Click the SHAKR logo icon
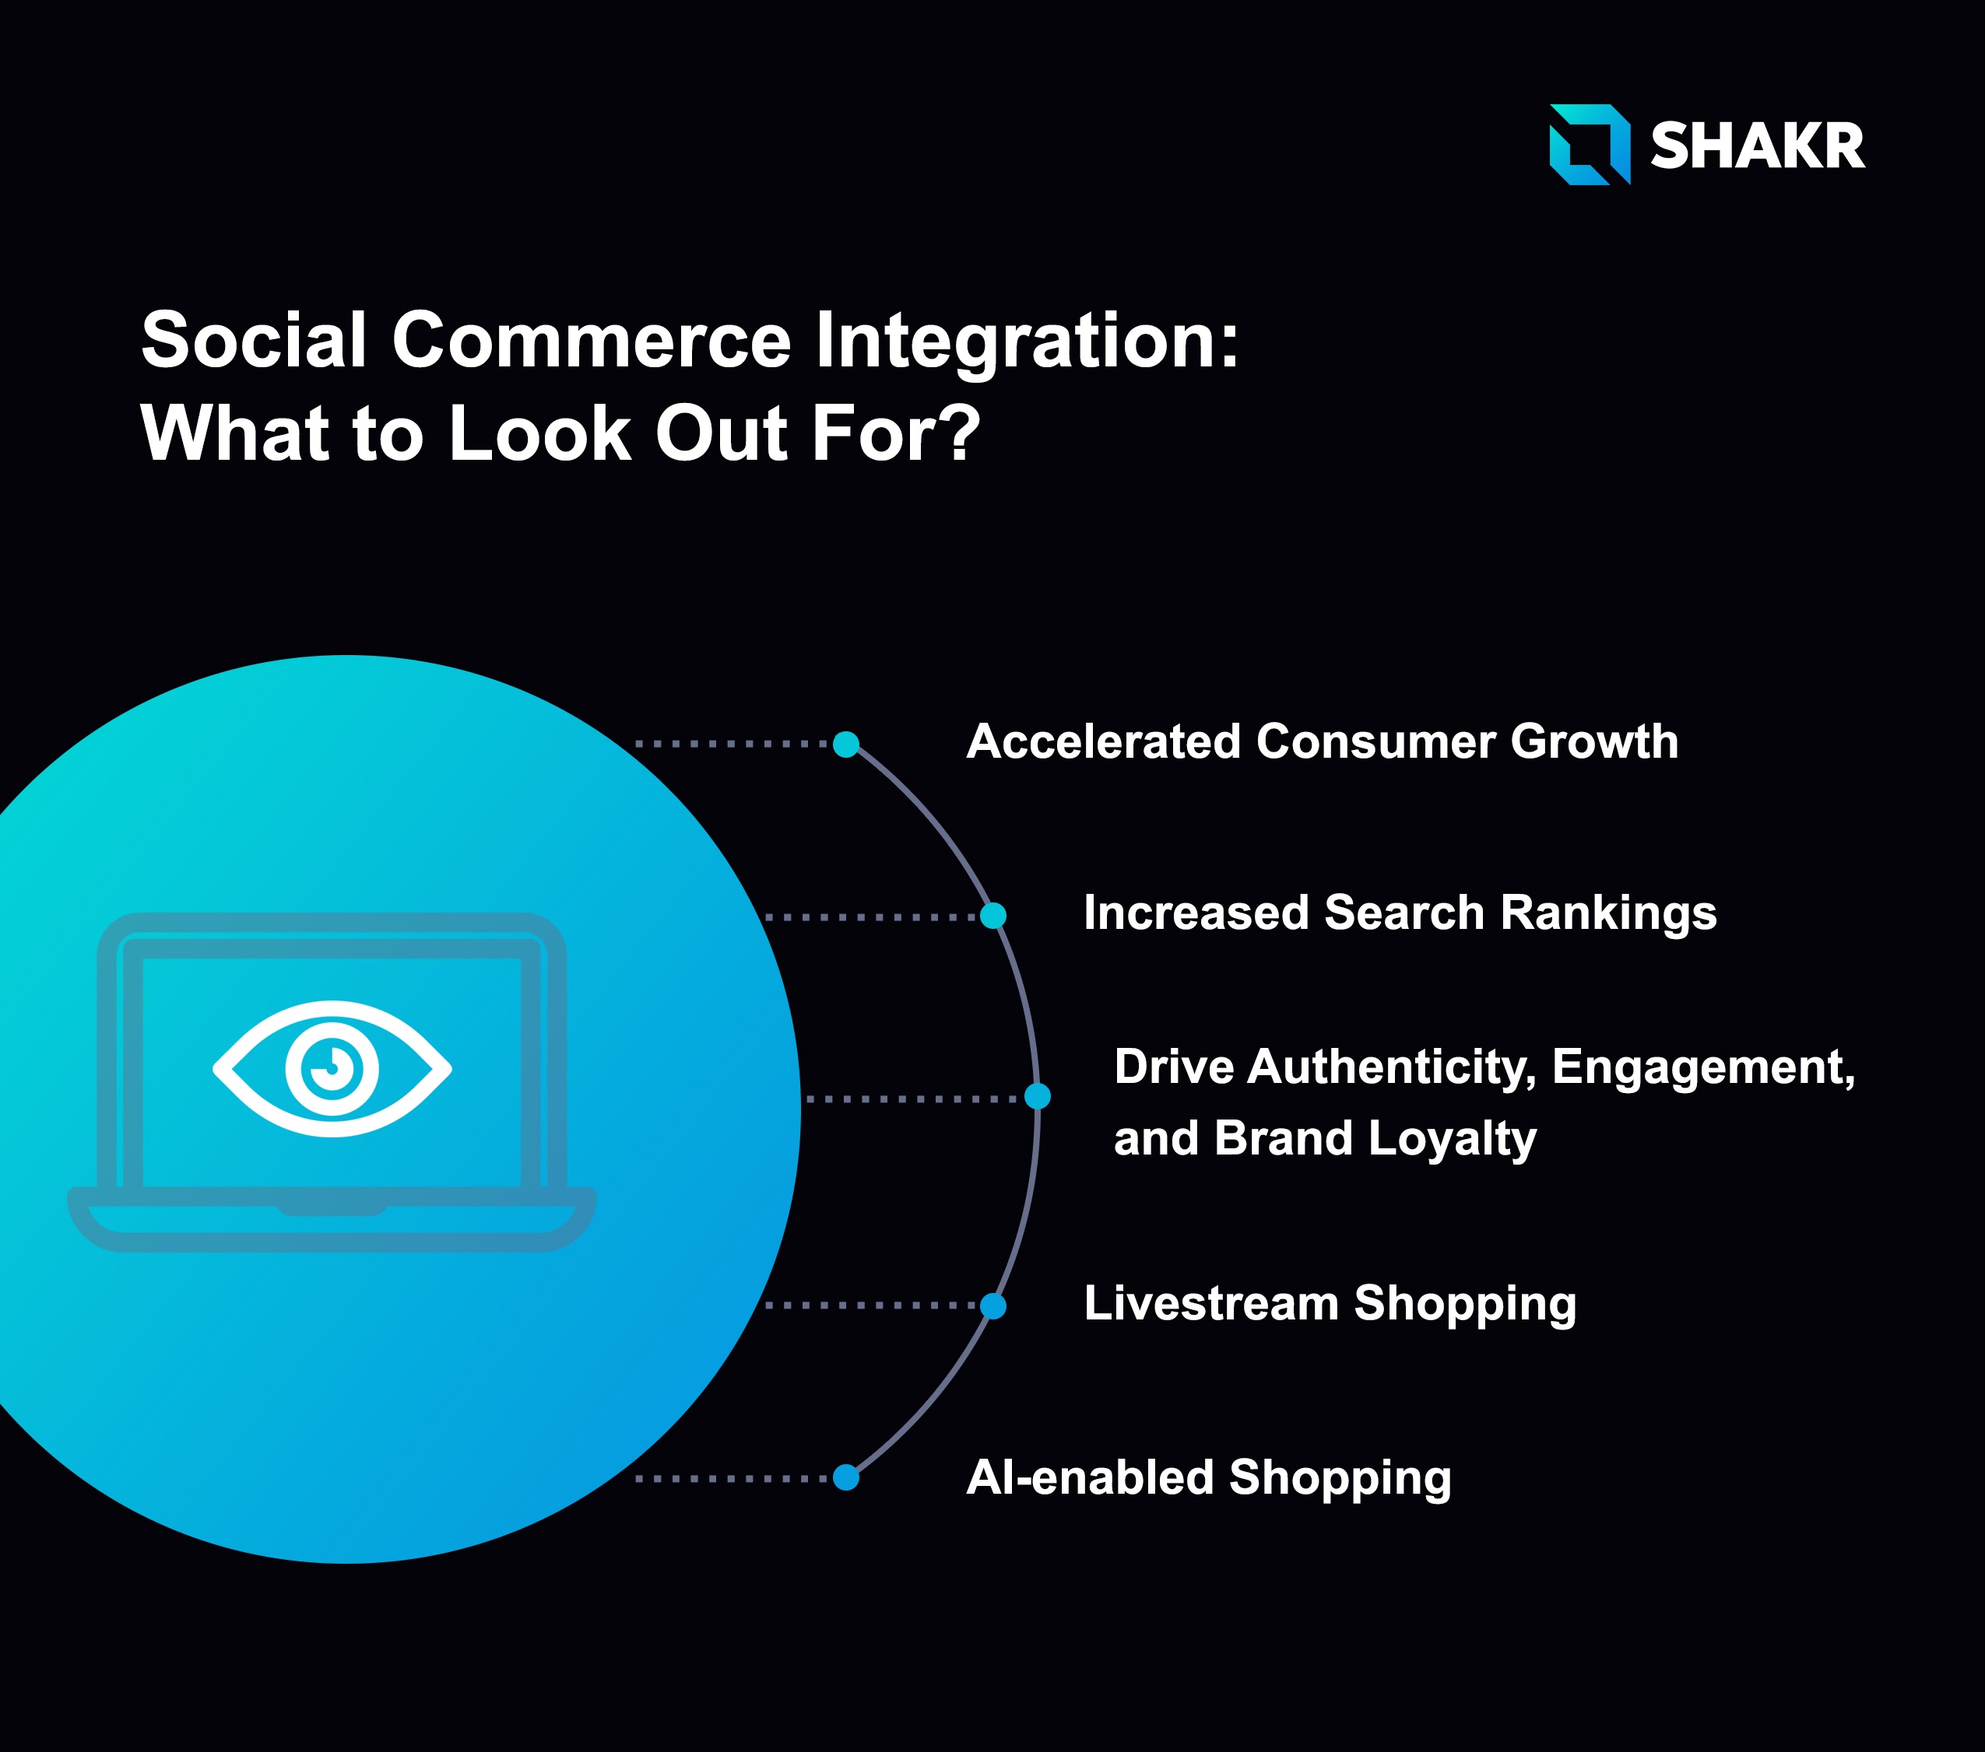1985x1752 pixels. (x=1590, y=145)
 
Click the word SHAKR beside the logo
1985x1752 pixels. (x=1758, y=146)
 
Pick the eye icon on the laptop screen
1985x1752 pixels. (x=332, y=1069)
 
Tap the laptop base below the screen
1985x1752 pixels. (x=331, y=1219)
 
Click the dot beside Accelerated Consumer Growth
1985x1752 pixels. (x=846, y=745)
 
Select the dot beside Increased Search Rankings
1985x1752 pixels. (x=992, y=916)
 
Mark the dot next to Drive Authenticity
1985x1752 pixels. (x=1037, y=1096)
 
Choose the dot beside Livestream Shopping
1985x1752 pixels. (x=992, y=1305)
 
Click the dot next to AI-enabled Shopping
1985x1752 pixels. (x=846, y=1477)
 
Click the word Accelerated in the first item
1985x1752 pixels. (x=1104, y=741)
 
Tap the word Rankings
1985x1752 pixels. (x=1608, y=914)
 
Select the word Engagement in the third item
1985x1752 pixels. (x=1703, y=1067)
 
